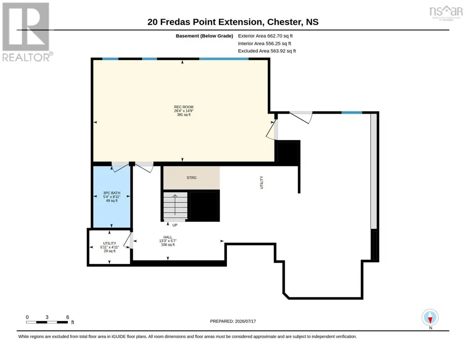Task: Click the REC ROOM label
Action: [184, 107]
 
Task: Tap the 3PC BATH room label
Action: [112, 193]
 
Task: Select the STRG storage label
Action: [191, 178]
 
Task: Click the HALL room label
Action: [168, 237]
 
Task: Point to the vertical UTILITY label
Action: [261, 182]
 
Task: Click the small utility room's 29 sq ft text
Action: [110, 251]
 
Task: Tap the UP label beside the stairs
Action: [175, 225]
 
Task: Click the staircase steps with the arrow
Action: [175, 205]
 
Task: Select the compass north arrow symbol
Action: [430, 318]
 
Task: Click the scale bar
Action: [47, 322]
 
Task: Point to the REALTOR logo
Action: [27, 32]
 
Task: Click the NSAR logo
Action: [446, 12]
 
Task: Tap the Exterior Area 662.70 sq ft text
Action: [265, 36]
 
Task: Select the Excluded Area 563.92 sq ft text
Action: [267, 51]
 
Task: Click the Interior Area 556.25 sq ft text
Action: [265, 44]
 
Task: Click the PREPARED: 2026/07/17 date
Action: [233, 321]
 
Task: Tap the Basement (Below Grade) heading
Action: [204, 36]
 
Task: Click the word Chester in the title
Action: [284, 22]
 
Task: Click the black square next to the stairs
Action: [205, 206]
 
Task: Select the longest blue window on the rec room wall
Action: [224, 59]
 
